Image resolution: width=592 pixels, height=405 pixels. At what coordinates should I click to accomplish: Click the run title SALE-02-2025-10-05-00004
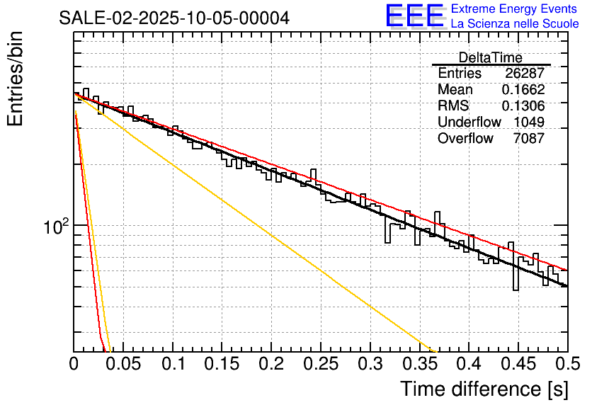pyautogui.click(x=174, y=18)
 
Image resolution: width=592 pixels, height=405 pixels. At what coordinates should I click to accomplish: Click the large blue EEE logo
pyautogui.click(x=414, y=17)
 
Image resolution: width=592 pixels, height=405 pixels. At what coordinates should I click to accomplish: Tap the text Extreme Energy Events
pyautogui.click(x=515, y=9)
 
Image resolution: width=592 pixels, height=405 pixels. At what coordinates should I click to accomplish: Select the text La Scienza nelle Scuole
pyautogui.click(x=515, y=24)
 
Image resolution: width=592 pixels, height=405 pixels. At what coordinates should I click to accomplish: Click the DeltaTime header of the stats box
pyautogui.click(x=491, y=57)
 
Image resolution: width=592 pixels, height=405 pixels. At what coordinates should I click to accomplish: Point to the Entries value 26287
pyautogui.click(x=525, y=74)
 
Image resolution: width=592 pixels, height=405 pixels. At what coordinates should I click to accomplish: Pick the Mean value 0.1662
pyautogui.click(x=523, y=90)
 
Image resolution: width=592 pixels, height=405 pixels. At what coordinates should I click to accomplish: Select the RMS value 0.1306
pyautogui.click(x=523, y=106)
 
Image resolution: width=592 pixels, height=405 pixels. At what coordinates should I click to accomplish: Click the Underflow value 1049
pyautogui.click(x=529, y=122)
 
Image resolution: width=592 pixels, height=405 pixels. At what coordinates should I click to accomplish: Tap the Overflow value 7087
pyautogui.click(x=529, y=139)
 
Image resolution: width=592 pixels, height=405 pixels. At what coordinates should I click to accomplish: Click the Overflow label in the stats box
pyautogui.click(x=465, y=139)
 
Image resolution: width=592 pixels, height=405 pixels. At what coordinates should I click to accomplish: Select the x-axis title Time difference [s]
pyautogui.click(x=484, y=389)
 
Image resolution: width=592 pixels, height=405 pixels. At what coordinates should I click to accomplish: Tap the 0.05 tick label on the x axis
pyautogui.click(x=123, y=364)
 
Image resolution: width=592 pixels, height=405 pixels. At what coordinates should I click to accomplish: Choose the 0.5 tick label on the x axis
pyautogui.click(x=567, y=364)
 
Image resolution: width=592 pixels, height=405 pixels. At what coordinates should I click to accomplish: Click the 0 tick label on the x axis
pyautogui.click(x=74, y=364)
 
